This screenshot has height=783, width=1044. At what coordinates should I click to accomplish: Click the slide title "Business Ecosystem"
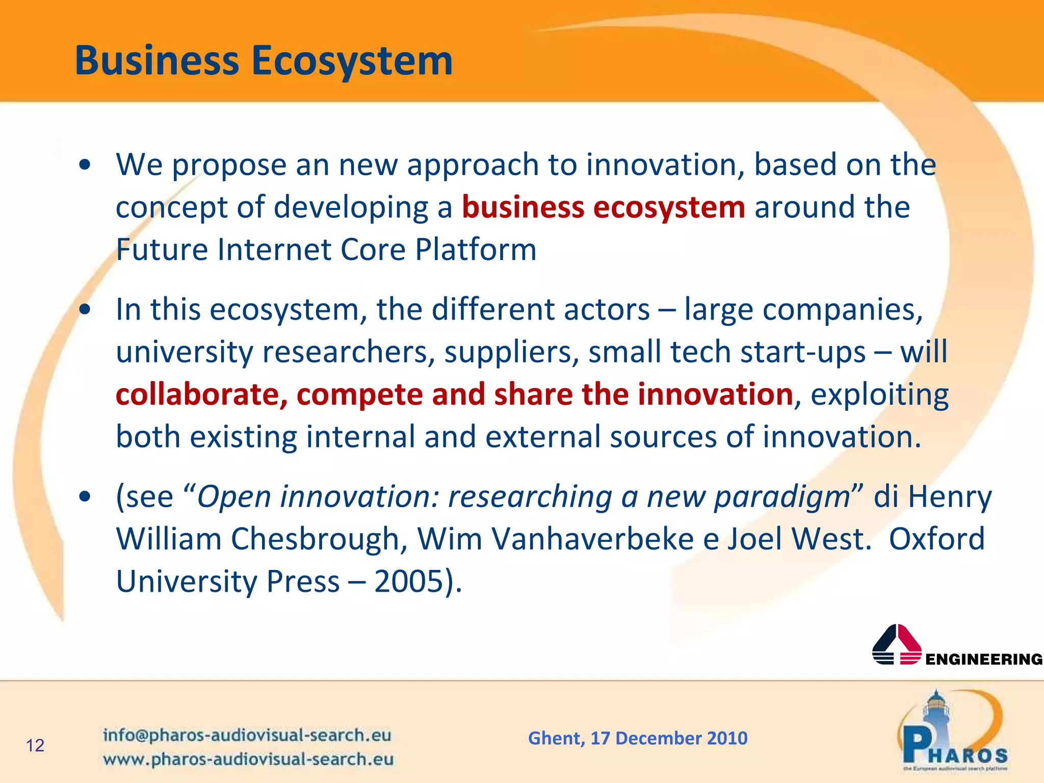264,61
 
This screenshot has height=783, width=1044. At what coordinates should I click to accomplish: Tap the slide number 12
35,745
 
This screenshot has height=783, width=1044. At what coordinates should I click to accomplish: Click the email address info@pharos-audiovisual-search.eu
247,735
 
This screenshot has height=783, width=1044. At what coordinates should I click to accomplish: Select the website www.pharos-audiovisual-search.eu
248,759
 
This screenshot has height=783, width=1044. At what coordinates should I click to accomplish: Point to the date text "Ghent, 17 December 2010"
638,738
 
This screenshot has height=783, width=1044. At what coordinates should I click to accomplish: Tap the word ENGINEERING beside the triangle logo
984,659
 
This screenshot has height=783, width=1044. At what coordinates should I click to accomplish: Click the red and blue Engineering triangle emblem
897,645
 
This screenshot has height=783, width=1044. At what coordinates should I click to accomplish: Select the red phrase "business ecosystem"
604,207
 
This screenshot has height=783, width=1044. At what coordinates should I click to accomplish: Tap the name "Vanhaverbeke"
592,539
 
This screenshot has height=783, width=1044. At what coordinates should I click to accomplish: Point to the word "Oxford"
937,539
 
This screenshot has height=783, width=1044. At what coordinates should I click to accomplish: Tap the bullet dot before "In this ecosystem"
85,309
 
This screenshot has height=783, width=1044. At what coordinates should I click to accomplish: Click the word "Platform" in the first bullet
476,250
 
